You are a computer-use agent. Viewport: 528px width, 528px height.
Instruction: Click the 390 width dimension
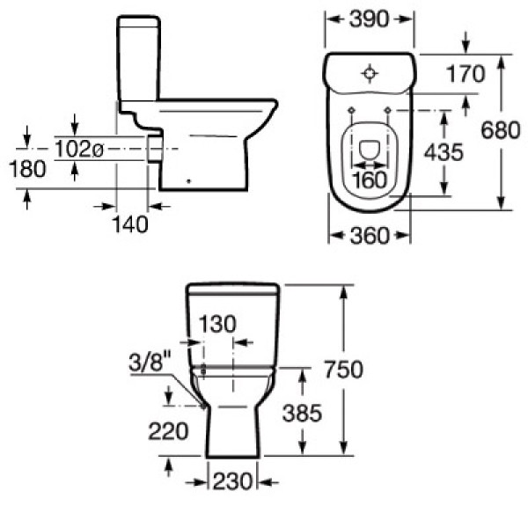369,19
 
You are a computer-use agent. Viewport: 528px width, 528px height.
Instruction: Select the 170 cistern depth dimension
466,74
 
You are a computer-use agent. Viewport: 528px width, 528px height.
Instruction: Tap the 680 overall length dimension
501,130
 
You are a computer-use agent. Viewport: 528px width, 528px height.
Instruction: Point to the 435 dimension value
444,152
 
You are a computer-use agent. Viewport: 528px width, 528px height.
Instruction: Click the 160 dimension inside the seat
370,180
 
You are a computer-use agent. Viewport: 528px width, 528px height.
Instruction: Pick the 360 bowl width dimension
370,235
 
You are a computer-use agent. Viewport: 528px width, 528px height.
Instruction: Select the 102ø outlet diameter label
79,149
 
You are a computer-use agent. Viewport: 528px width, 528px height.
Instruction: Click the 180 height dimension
27,169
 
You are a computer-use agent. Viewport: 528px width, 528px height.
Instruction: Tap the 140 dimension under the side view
130,224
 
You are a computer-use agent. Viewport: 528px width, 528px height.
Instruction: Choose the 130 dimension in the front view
217,324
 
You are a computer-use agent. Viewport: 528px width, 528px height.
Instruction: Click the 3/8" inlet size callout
150,362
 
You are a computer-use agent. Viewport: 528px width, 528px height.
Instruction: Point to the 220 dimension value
168,431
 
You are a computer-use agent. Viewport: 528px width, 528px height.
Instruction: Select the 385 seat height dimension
302,414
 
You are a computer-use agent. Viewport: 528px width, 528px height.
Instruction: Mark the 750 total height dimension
343,370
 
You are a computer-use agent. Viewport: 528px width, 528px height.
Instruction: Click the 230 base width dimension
232,481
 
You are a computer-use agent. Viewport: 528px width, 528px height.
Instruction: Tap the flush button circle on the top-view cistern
370,73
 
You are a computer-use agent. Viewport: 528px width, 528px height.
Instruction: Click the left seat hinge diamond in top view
351,110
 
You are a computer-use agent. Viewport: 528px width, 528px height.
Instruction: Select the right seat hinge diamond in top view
388,110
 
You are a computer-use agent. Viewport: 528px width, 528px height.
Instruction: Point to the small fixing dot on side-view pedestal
188,181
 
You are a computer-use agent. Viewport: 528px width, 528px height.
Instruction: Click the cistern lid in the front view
232,289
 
